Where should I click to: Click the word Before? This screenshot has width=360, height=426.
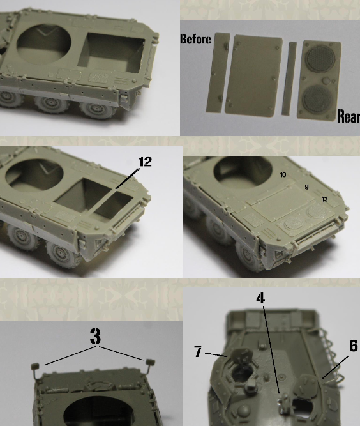(x=195, y=39)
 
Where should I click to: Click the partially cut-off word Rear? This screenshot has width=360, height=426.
(x=349, y=116)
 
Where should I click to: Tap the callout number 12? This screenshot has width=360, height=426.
(x=146, y=162)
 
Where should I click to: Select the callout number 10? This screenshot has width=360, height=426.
(x=283, y=175)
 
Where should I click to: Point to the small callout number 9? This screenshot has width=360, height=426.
(x=306, y=187)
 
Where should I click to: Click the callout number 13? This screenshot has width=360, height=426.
(x=325, y=199)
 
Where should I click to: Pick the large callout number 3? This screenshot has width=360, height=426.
(x=95, y=337)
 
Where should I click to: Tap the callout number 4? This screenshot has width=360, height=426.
(x=260, y=298)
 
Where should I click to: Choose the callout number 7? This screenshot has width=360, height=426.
(x=199, y=351)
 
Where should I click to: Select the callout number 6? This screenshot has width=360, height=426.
(x=354, y=346)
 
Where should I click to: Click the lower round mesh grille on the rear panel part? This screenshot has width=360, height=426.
(x=318, y=99)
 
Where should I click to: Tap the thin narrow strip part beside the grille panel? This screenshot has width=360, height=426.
(x=289, y=79)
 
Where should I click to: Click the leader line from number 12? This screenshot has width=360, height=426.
(x=127, y=178)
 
